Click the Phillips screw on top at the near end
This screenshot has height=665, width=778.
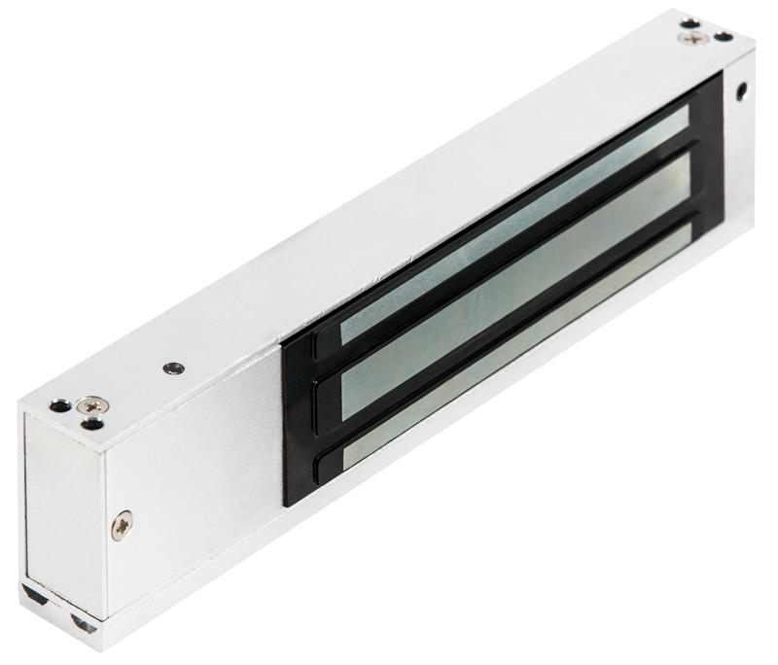pos(94,403)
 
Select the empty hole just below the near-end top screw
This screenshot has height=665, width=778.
pos(91,423)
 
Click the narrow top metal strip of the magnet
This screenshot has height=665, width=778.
pos(515,224)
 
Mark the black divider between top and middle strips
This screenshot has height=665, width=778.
pos(515,251)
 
